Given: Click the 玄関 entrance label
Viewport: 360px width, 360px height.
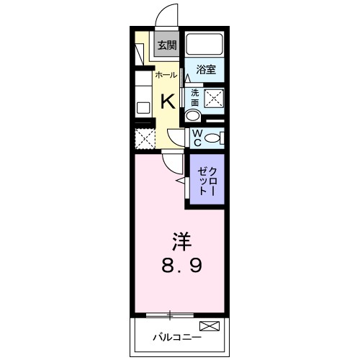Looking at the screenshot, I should click(x=166, y=45).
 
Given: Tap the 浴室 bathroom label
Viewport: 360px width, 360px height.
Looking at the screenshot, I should click(x=207, y=70).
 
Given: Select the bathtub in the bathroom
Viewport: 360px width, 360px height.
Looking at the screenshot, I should click(x=204, y=45).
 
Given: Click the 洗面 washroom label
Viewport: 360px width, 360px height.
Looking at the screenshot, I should click(x=194, y=97).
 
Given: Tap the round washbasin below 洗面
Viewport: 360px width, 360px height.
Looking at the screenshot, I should click(x=193, y=116).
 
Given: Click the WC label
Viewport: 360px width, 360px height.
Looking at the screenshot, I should click(x=195, y=137).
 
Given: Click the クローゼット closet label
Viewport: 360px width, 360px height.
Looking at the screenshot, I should click(x=207, y=180).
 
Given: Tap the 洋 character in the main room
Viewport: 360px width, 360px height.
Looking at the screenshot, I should click(x=180, y=238).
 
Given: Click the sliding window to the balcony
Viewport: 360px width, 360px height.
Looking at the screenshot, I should click(x=170, y=314).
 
